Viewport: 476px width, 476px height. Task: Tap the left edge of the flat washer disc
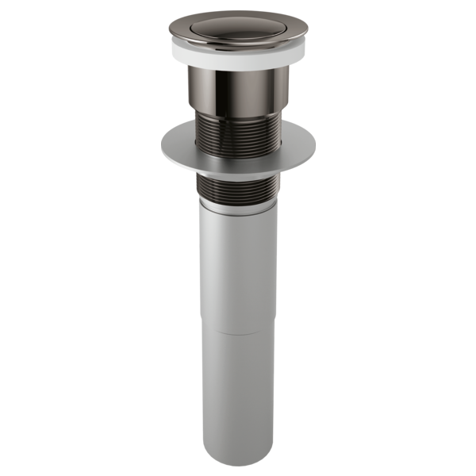pos(163,155)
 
